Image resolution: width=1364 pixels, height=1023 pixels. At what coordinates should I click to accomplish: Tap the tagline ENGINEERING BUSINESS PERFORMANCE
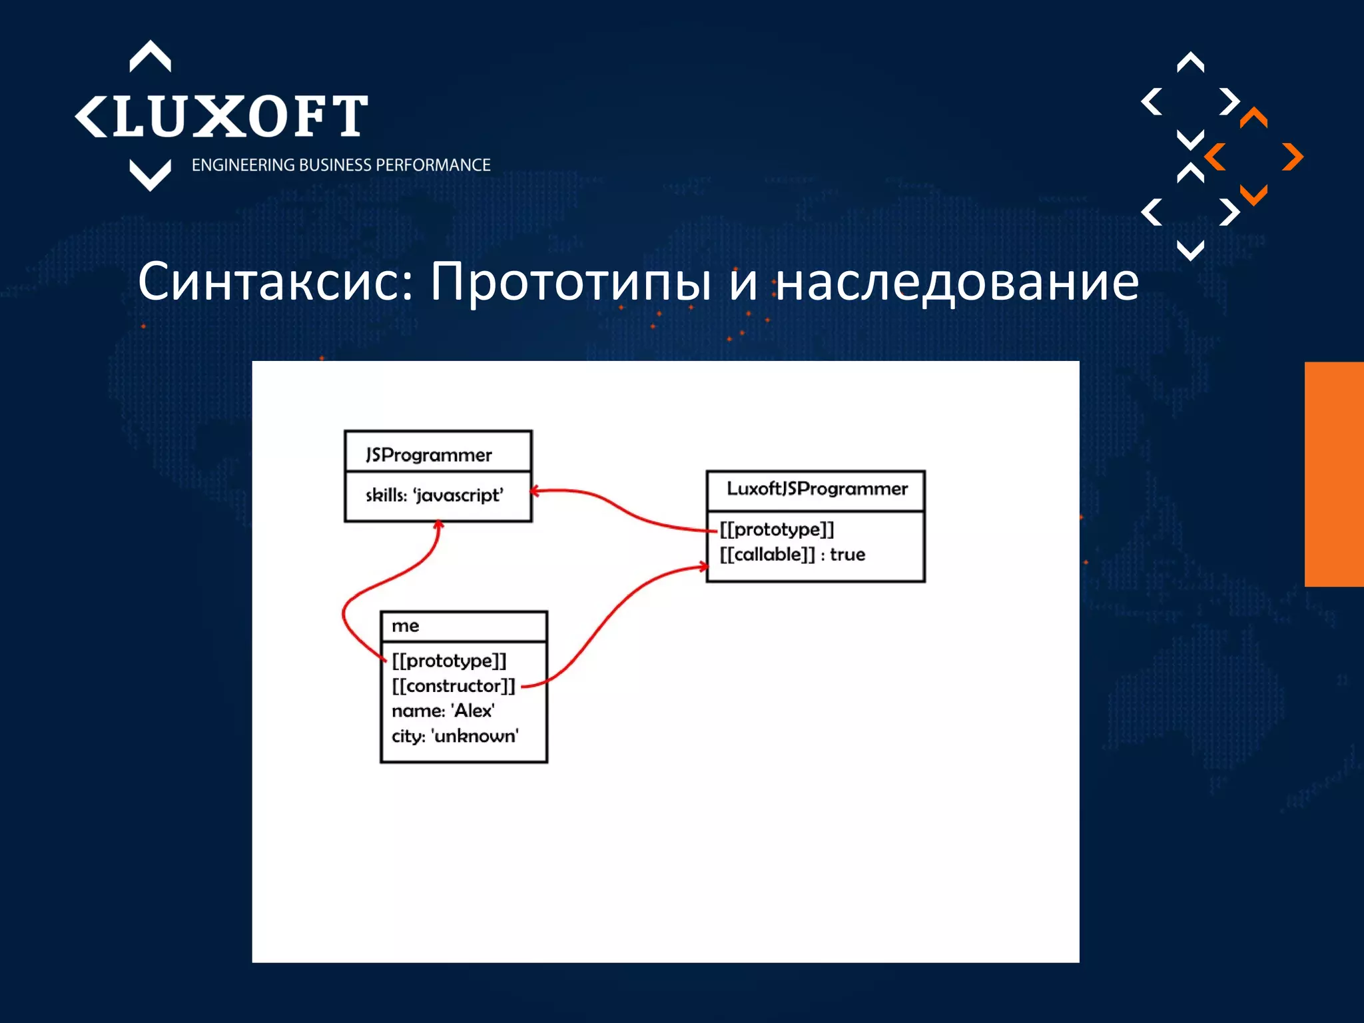pyautogui.click(x=340, y=165)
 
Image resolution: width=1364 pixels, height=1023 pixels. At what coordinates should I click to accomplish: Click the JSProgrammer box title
pyautogui.click(x=428, y=455)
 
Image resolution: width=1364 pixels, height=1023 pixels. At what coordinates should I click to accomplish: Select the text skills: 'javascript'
pyautogui.click(x=434, y=495)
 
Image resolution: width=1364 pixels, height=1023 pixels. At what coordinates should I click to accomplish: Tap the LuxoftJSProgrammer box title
pyautogui.click(x=817, y=489)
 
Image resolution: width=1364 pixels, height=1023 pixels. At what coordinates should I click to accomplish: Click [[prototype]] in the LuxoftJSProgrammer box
pyautogui.click(x=777, y=529)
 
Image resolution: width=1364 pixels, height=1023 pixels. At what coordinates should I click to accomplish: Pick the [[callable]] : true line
pyautogui.click(x=792, y=554)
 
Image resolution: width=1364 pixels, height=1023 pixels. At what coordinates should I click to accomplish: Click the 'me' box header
pyautogui.click(x=406, y=626)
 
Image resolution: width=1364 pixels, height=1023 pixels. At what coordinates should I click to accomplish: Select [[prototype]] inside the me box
pyautogui.click(x=449, y=661)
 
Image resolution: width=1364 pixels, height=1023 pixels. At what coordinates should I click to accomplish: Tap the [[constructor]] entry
pyautogui.click(x=453, y=686)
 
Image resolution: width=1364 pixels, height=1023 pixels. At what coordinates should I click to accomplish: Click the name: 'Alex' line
pyautogui.click(x=443, y=711)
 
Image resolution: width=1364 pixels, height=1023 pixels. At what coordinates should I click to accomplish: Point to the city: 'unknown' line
pyautogui.click(x=455, y=736)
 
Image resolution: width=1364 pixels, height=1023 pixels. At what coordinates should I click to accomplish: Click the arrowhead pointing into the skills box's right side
pyautogui.click(x=535, y=492)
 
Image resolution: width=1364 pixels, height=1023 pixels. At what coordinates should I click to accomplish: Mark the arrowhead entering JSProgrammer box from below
pyautogui.click(x=438, y=525)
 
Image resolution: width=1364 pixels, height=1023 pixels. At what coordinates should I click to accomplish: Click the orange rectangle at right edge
pyautogui.click(x=1334, y=474)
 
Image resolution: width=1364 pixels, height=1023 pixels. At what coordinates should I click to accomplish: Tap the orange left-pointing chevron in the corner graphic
pyautogui.click(x=1215, y=157)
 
